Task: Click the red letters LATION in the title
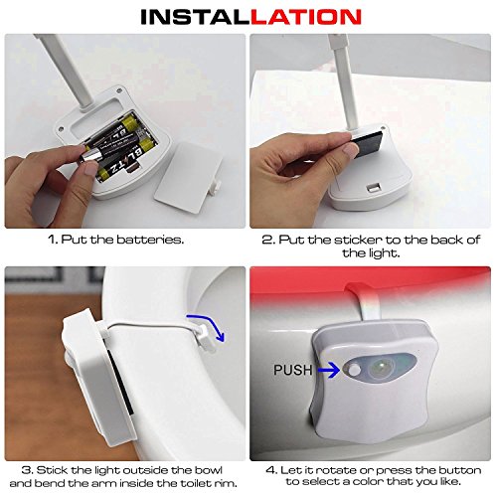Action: coord(306,17)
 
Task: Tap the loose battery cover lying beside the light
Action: coord(188,177)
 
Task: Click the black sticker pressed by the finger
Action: coord(368,142)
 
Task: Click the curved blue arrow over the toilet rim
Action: coord(207,326)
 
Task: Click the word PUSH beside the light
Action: coord(293,370)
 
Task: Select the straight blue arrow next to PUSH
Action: coord(329,370)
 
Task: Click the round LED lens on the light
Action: coord(381,368)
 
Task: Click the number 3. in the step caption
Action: coord(27,470)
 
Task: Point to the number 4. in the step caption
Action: coord(271,470)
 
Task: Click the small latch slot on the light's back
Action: coord(375,188)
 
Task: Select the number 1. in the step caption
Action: coord(54,240)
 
